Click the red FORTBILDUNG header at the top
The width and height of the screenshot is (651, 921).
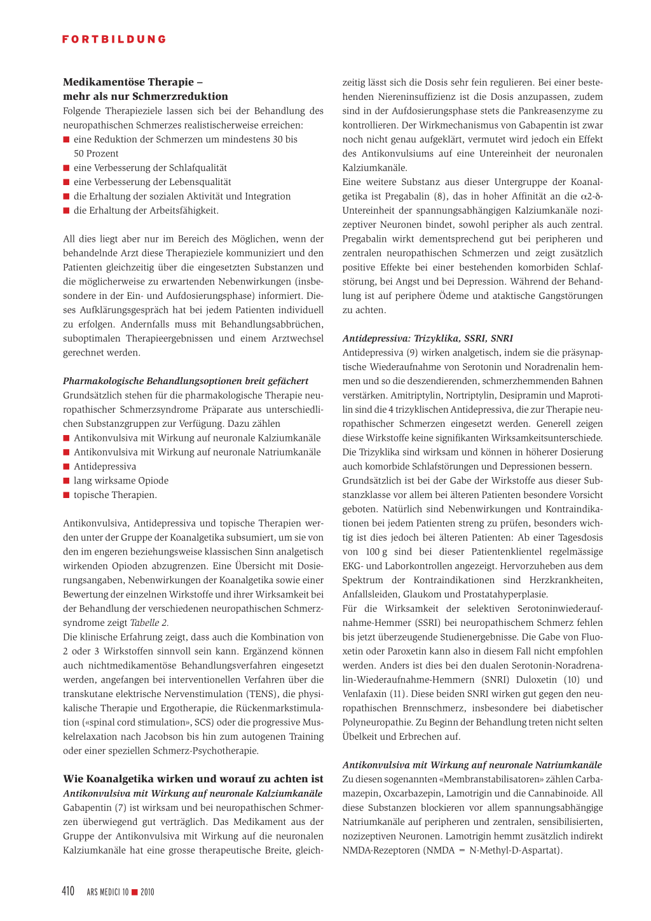114,39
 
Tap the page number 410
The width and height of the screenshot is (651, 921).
68,891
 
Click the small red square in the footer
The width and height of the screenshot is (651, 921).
135,892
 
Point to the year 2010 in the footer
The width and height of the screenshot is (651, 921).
147,892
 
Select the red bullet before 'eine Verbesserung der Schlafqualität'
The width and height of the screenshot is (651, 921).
66,168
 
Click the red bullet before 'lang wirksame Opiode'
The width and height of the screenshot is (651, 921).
66,481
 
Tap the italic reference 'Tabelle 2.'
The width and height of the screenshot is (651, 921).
149,623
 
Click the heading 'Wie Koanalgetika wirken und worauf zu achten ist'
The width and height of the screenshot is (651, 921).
193,779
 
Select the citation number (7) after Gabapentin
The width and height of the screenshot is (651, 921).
120,808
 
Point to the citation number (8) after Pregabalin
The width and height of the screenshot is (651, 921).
441,196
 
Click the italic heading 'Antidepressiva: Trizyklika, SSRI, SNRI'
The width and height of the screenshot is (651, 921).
427,338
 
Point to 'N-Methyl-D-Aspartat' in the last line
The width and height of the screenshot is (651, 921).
514,850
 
